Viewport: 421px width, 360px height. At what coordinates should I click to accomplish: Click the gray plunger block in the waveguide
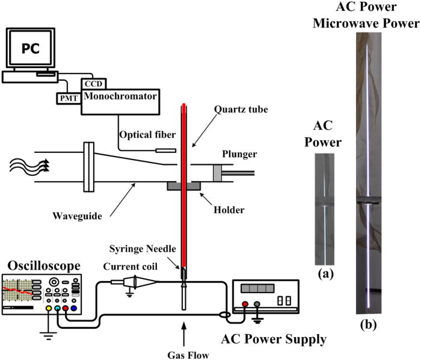[x=220, y=173]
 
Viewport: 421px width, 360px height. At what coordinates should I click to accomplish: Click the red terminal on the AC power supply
[x=245, y=304]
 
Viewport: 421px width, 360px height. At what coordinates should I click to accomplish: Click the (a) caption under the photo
[x=328, y=272]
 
